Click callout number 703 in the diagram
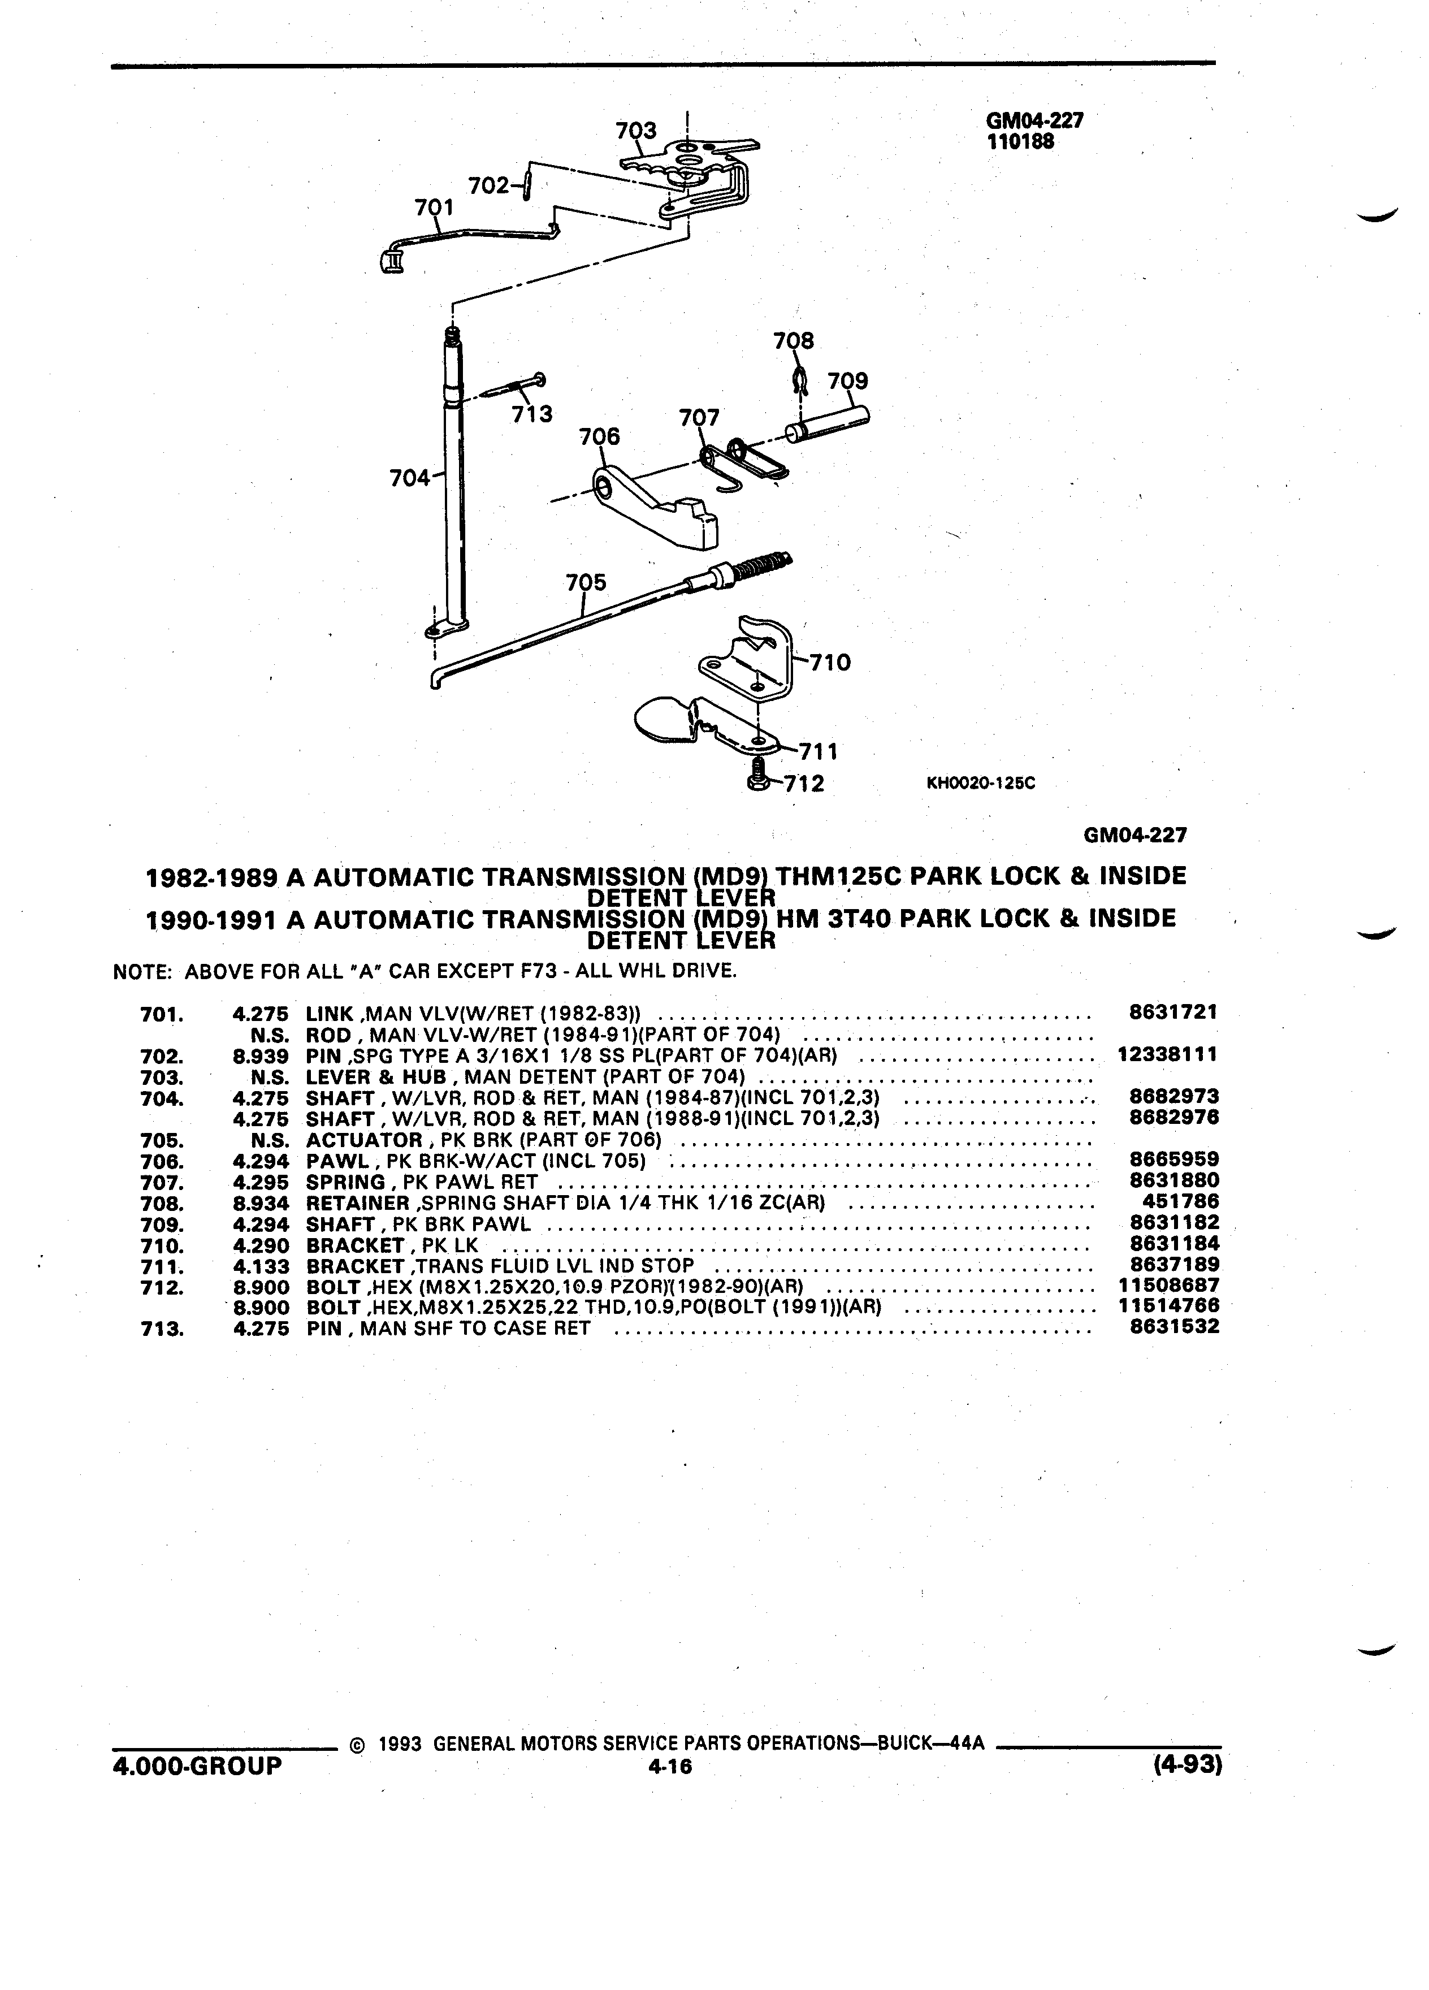tap(636, 131)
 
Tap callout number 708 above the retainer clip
tap(793, 340)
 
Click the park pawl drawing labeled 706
tap(656, 508)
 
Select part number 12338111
tap(1168, 1055)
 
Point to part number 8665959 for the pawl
tap(1173, 1160)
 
